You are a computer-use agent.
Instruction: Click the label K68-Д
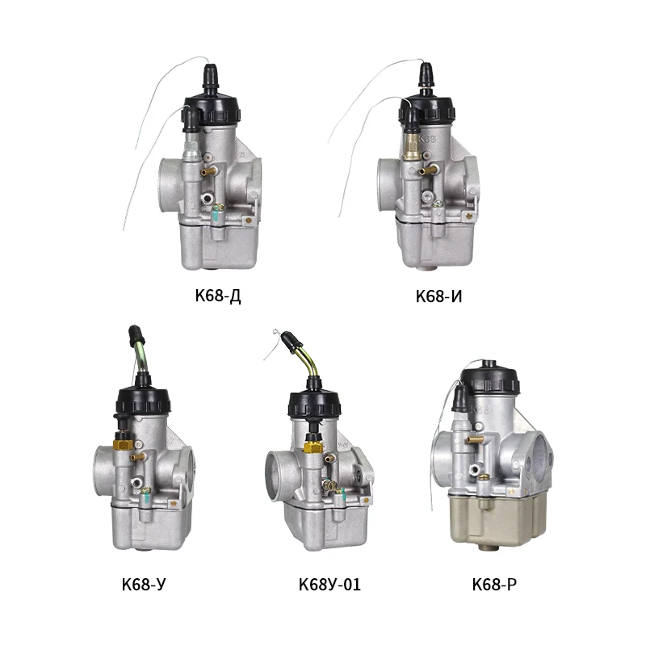(x=218, y=296)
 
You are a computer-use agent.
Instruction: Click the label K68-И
(x=438, y=296)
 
